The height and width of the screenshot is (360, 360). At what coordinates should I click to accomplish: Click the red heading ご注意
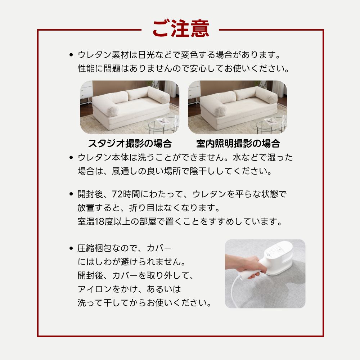pos(180,28)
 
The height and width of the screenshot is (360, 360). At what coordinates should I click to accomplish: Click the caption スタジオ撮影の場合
pos(130,144)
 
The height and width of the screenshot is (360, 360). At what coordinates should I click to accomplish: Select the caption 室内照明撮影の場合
pos(238,144)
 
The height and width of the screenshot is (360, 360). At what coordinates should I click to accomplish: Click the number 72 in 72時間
pos(117,194)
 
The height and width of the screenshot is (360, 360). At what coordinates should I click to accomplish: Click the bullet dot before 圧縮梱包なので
pos(71,249)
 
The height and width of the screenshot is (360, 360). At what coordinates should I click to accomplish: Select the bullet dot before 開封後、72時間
pos(71,194)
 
